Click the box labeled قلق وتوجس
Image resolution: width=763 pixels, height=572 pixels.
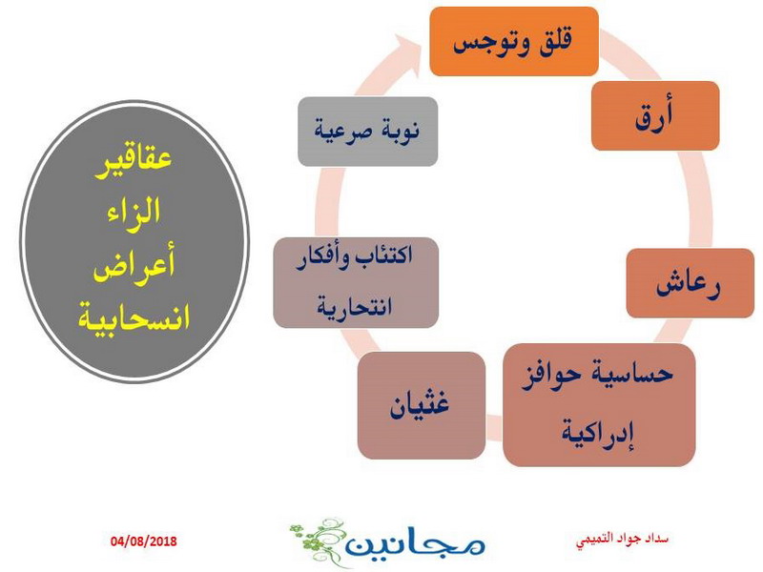(x=514, y=41)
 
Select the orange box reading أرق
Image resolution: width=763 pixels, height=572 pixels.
(x=655, y=115)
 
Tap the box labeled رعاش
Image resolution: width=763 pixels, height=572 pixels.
(x=690, y=283)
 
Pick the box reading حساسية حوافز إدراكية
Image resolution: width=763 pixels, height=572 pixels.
(x=599, y=404)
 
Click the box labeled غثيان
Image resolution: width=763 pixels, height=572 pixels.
(x=422, y=405)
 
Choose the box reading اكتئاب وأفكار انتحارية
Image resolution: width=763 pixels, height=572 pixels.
(x=356, y=282)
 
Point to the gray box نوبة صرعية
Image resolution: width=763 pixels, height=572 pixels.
(x=368, y=132)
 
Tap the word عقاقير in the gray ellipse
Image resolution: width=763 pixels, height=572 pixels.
(x=134, y=158)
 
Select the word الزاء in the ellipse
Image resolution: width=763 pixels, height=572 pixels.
(x=134, y=212)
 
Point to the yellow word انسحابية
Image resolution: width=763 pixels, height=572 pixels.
(x=134, y=318)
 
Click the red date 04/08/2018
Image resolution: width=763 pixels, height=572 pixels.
(x=144, y=541)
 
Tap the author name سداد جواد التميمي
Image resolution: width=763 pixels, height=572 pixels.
(x=622, y=540)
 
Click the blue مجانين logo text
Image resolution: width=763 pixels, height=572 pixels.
(x=416, y=543)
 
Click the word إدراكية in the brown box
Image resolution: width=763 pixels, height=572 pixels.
(x=598, y=434)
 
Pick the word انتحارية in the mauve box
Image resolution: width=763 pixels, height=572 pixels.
(x=355, y=307)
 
